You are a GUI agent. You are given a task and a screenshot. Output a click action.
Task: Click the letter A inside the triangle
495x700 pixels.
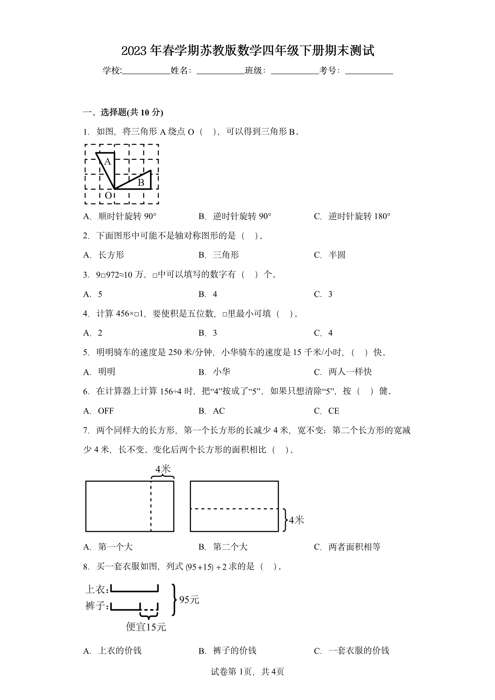(x=107, y=162)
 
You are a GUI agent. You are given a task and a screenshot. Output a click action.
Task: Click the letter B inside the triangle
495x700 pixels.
(x=141, y=182)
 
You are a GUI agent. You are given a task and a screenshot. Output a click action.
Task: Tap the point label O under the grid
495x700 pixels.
(x=108, y=196)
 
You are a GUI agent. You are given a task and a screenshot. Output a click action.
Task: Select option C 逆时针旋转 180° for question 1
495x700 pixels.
(x=359, y=216)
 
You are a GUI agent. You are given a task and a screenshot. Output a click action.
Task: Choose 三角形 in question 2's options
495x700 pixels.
(x=226, y=255)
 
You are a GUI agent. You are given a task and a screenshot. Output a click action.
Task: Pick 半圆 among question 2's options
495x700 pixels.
(x=337, y=255)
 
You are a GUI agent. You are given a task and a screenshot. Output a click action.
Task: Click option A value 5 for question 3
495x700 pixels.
(x=100, y=294)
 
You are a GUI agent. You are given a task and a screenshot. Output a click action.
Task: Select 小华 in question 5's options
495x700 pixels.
(x=221, y=372)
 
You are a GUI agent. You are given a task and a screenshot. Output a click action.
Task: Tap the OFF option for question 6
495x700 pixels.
(x=106, y=411)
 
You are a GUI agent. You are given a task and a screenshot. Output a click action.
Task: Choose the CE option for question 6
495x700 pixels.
(x=334, y=411)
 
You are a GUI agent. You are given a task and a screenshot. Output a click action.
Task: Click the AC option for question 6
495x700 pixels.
(x=219, y=411)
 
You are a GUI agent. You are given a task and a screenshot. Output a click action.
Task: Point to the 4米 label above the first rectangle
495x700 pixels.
(x=163, y=469)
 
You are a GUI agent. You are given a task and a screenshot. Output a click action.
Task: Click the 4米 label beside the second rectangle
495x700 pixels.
(x=296, y=520)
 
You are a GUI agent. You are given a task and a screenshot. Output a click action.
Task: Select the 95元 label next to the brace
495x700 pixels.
(x=189, y=600)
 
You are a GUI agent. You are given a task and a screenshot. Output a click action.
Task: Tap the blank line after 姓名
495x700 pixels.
(x=220, y=71)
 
